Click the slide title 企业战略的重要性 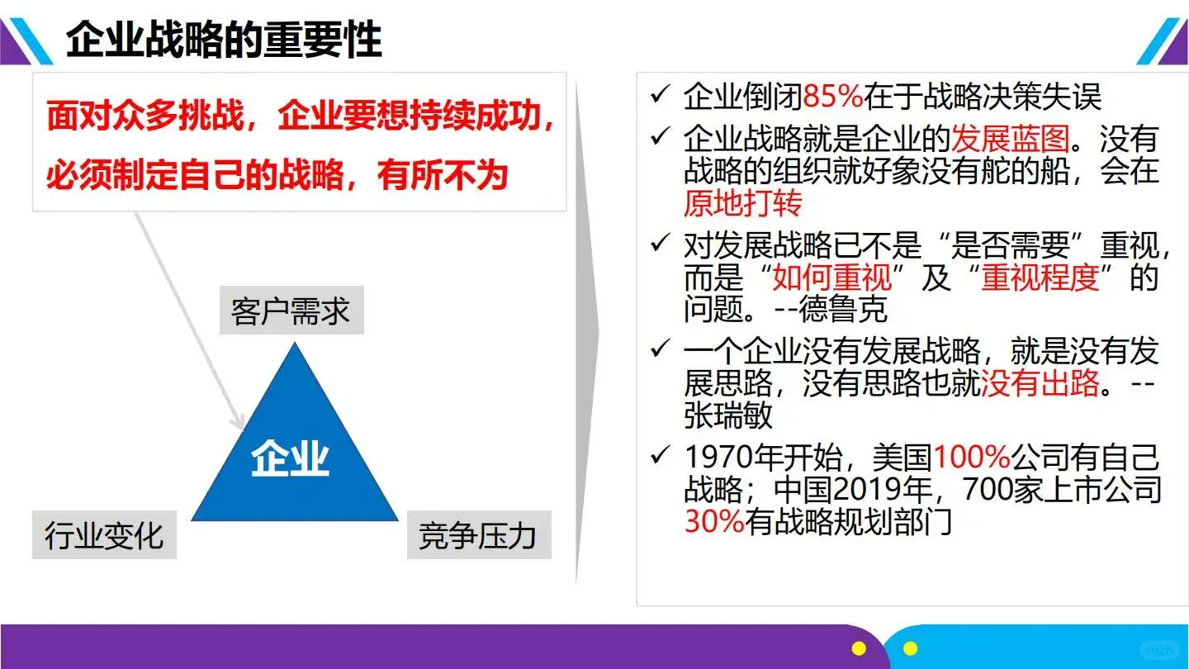(x=224, y=39)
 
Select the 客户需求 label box (x=291, y=311)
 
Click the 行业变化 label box (x=104, y=535)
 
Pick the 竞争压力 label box (x=478, y=535)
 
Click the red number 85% (x=832, y=97)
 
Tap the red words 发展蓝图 (x=1010, y=139)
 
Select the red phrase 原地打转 (x=742, y=202)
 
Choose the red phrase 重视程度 (x=1040, y=278)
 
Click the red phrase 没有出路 (x=1040, y=382)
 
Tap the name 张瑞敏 (x=728, y=415)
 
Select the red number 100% (x=972, y=457)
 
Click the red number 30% (x=714, y=521)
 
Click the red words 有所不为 (x=443, y=175)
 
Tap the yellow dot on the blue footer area (x=910, y=648)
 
